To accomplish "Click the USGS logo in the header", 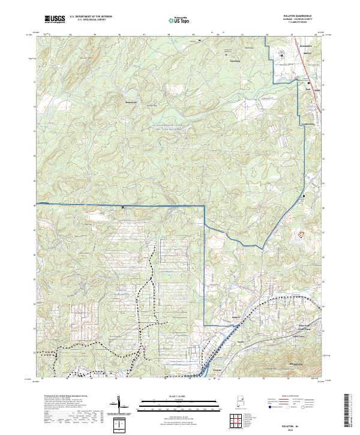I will pos(54,19).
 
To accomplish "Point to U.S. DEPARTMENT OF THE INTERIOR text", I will pos(91,17).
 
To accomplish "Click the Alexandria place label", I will pos(289,46).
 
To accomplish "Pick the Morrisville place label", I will pos(131,101).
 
